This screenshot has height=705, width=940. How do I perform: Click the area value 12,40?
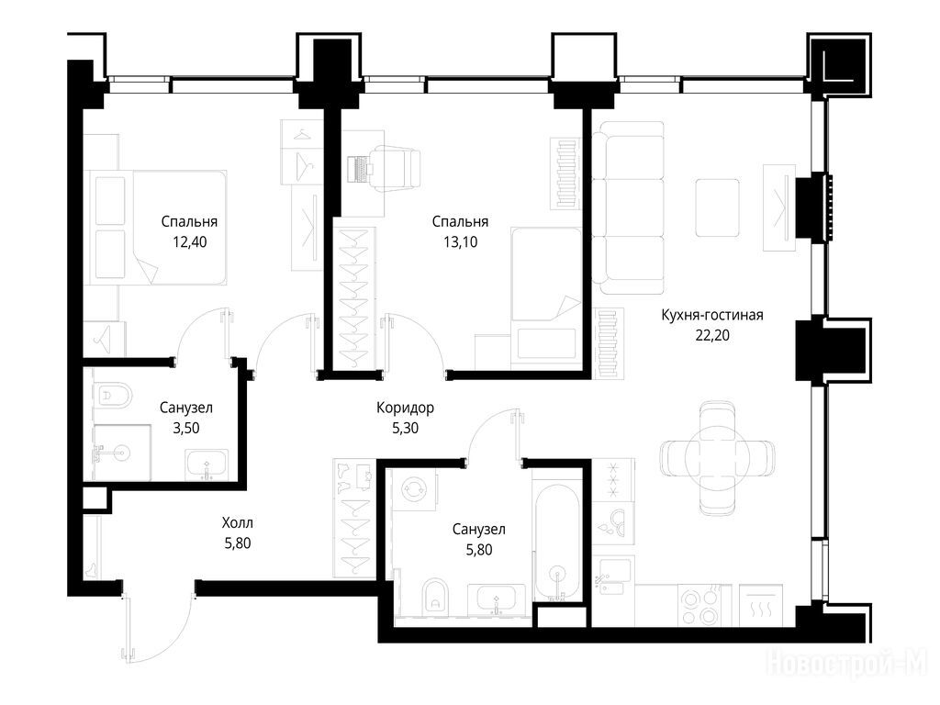pos(189,242)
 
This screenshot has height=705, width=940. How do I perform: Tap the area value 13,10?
pos(461,242)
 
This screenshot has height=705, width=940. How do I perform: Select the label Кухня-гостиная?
pos(712,315)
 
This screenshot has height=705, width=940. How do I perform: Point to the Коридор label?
pos(405,408)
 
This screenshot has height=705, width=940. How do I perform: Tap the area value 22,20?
pos(712,335)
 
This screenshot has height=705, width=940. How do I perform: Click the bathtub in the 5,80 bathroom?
pos(557,542)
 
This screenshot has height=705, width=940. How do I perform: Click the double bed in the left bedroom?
pos(157,228)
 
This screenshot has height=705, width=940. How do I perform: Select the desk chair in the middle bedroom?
pos(395,170)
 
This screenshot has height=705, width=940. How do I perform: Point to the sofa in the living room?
pos(628,207)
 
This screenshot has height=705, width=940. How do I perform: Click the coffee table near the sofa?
pos(717,207)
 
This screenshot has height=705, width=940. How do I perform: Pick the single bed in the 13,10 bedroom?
pos(546,297)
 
